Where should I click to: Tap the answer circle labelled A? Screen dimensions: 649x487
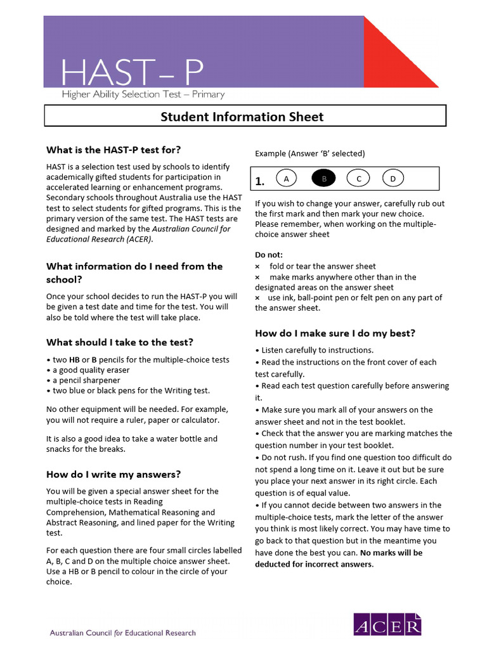point(287,179)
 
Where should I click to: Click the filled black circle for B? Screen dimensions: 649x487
point(323,179)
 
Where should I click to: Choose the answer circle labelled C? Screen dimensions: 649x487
point(358,179)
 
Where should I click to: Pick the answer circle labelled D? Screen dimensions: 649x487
point(393,179)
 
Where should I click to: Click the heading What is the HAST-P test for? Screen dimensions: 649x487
point(114,150)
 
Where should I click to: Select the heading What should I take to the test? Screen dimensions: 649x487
point(120,342)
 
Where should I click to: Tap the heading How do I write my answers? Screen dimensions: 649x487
point(114,473)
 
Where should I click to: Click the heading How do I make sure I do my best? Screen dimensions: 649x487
point(335,333)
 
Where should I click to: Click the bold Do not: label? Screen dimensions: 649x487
point(269,255)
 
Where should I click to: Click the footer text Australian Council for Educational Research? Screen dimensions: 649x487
point(123,633)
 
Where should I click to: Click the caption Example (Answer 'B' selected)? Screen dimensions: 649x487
point(309,153)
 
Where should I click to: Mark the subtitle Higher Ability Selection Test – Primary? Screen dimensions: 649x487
point(143,95)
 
